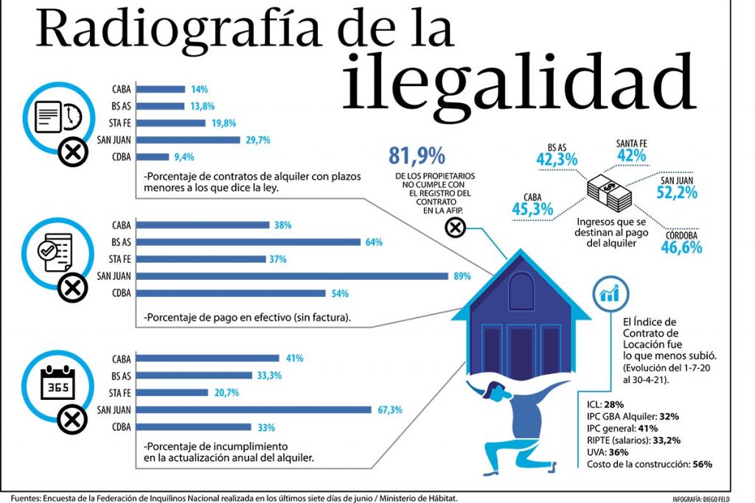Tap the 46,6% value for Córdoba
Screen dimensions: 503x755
click(681, 247)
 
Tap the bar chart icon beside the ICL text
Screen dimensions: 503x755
click(610, 295)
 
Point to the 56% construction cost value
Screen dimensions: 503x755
click(702, 464)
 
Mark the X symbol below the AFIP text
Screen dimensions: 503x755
click(455, 229)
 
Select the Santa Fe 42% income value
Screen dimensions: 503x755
click(631, 155)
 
